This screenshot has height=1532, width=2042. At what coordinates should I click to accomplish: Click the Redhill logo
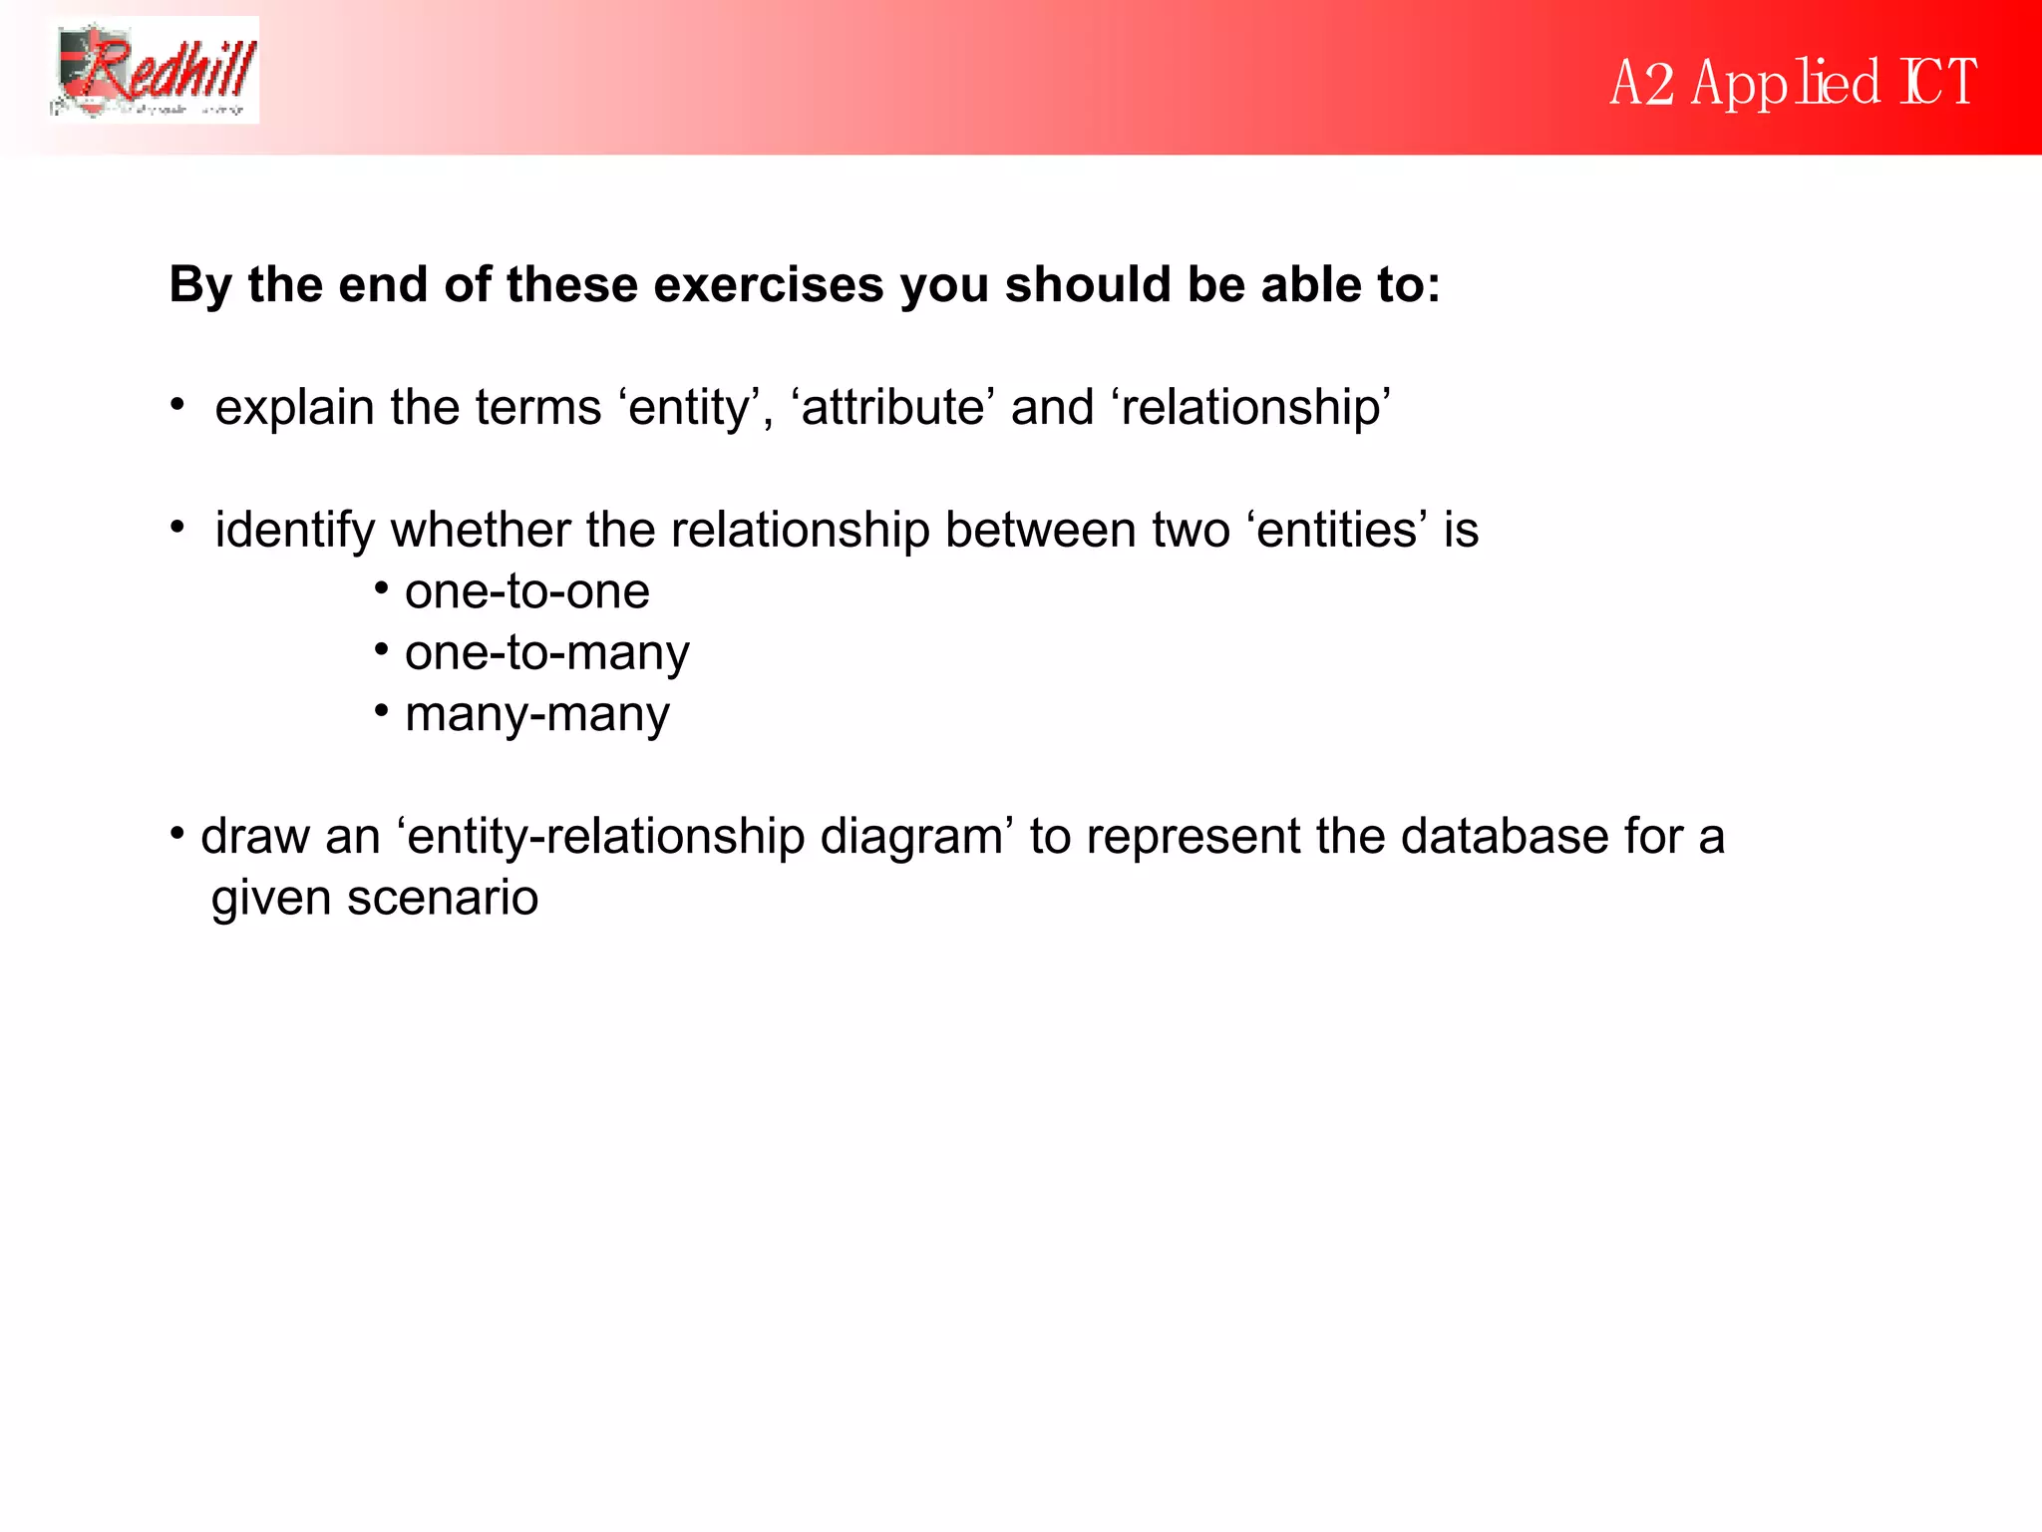tap(155, 71)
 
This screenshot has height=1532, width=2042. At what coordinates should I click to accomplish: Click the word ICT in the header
tap(1939, 82)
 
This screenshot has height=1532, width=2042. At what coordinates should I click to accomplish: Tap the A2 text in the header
tap(1641, 83)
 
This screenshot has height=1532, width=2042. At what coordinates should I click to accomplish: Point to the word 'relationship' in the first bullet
tap(1253, 408)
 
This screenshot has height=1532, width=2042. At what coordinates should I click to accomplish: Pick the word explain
tap(294, 408)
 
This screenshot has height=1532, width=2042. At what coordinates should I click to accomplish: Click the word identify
tap(294, 531)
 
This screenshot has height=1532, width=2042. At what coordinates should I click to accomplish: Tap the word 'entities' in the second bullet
tap(1336, 531)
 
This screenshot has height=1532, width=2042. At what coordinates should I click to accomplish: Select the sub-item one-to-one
tap(526, 591)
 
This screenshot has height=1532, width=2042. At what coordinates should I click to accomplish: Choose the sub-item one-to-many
tap(546, 653)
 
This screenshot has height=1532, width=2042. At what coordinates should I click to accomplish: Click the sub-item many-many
tap(536, 715)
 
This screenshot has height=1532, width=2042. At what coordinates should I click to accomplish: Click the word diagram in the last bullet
tap(911, 837)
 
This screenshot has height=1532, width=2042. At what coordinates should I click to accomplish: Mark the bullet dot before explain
tap(177, 405)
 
